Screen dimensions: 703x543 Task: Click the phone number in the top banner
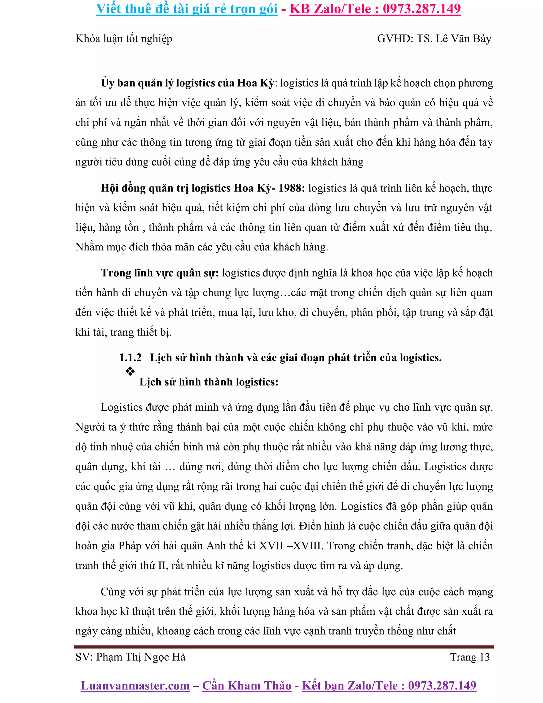point(422,9)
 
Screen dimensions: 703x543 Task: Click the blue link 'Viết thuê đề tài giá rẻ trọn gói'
point(187,9)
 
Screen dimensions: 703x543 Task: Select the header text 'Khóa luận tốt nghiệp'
point(124,39)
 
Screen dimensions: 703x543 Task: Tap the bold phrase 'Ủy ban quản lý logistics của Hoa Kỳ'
point(187,83)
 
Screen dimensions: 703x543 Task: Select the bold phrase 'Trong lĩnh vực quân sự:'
point(160,273)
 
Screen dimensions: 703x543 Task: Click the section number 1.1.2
point(130,358)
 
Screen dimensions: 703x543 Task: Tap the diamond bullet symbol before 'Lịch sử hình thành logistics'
point(130,371)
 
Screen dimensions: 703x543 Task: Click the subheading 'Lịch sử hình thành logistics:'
point(209,382)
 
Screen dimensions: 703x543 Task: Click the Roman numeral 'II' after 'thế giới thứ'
point(162,565)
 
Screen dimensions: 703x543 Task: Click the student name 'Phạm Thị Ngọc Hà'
point(141,657)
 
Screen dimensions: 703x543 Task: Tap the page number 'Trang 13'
point(470,657)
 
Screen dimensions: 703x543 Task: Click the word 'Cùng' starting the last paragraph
point(113,592)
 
